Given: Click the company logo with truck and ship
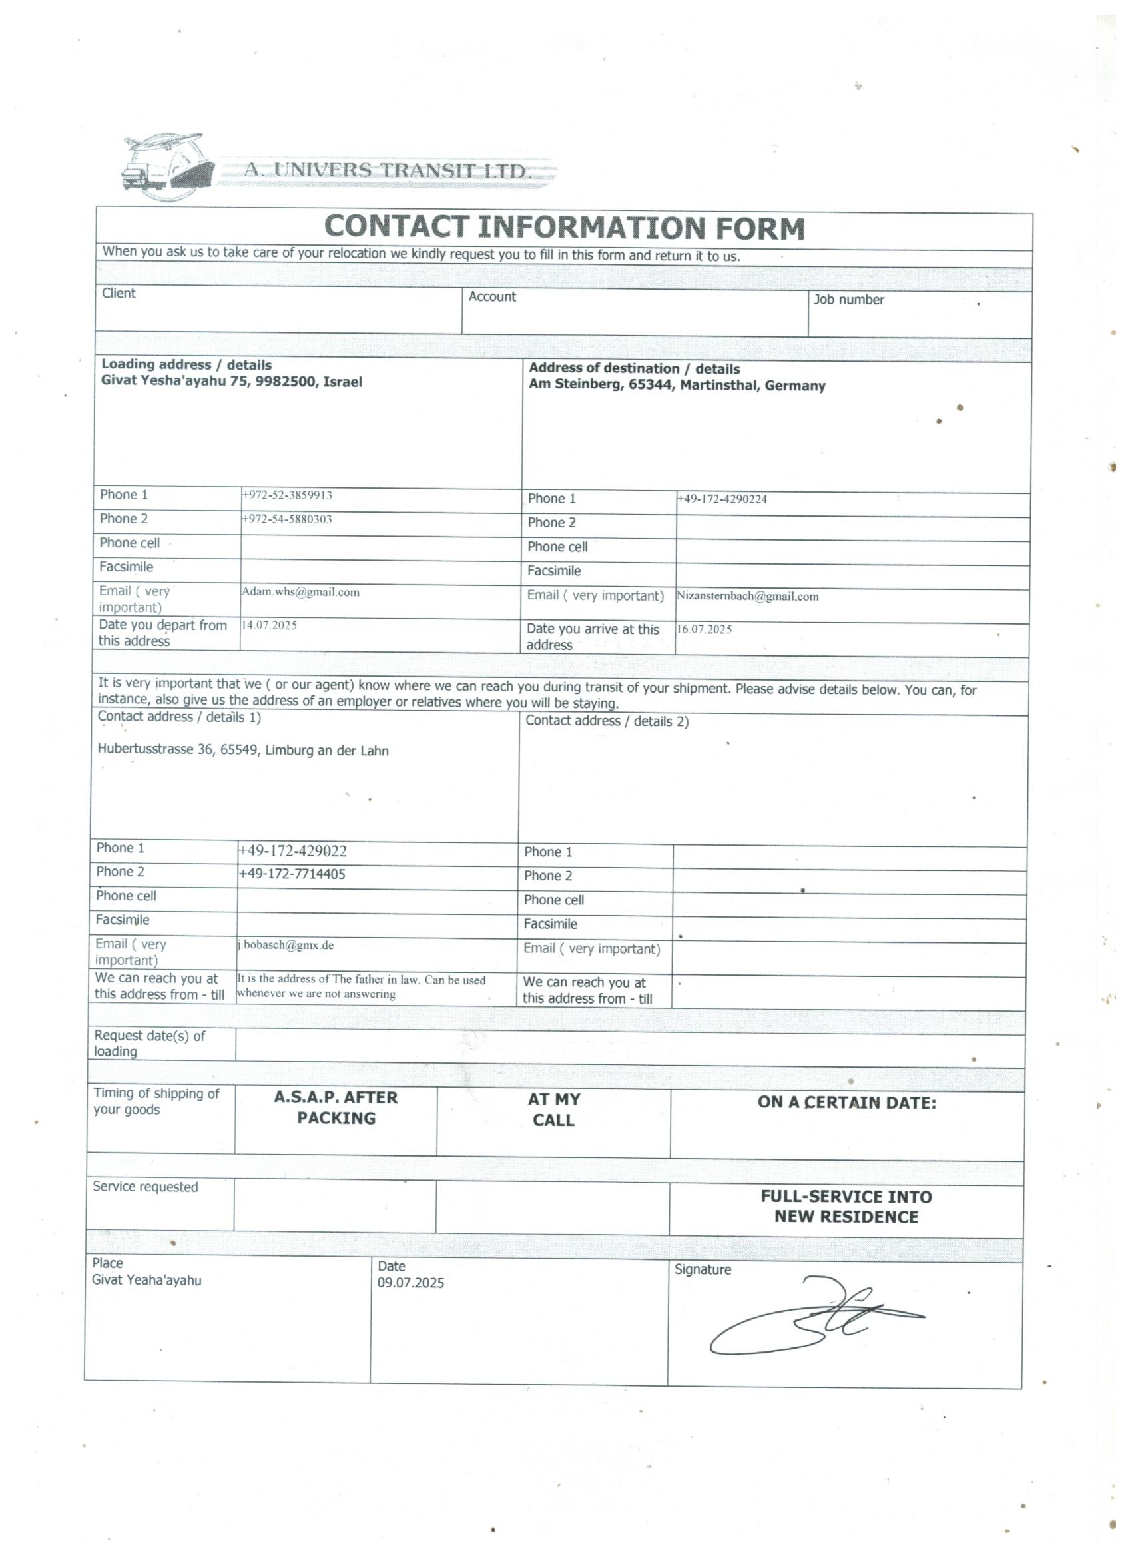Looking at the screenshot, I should [164, 166].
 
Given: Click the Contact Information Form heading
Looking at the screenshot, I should [563, 228].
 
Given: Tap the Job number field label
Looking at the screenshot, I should [848, 300].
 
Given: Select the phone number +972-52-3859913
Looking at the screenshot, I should [286, 495].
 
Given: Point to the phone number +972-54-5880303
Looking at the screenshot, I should [286, 519].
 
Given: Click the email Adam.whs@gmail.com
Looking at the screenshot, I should [300, 593].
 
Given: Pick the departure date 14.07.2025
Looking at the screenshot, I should [268, 625].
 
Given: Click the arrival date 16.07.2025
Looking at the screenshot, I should [704, 629].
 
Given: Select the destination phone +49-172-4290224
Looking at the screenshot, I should [722, 499].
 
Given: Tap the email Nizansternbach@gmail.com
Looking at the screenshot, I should [747, 597].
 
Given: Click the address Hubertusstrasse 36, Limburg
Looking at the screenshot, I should [243, 751].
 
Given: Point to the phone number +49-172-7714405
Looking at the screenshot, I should [292, 874].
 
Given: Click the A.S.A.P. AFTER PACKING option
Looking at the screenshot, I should [336, 1108].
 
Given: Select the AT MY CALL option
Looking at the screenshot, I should [553, 1110].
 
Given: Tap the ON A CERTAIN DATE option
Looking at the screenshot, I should [846, 1103].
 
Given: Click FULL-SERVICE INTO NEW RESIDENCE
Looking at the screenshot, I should [846, 1207].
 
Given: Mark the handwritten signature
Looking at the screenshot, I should [817, 1316].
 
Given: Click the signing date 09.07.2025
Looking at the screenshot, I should [410, 1283].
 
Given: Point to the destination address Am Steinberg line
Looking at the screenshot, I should [677, 385].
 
